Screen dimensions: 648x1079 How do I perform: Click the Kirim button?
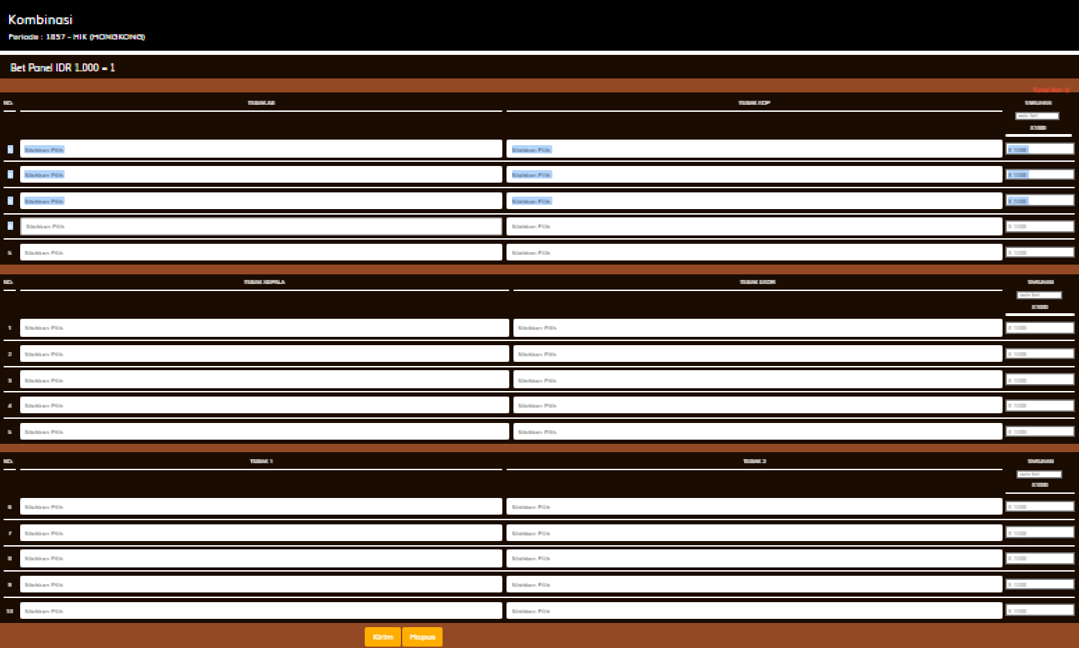click(382, 637)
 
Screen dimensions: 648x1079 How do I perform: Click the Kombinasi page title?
click(40, 20)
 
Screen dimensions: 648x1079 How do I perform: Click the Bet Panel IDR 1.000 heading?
click(63, 68)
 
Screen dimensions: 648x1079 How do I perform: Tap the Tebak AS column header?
click(261, 103)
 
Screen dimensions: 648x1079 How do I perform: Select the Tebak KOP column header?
click(754, 103)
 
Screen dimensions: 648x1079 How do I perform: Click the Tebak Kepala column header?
click(264, 282)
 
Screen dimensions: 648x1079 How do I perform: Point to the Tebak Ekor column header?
click(757, 282)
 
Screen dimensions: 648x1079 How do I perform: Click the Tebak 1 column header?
click(261, 461)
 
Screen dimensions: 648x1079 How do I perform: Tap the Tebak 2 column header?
click(755, 461)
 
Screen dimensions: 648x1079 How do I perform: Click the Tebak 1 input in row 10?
click(261, 611)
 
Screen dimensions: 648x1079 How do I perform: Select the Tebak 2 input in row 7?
click(754, 533)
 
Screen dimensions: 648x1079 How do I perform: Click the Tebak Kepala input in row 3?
click(264, 380)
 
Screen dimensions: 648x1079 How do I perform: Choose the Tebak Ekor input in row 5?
click(757, 431)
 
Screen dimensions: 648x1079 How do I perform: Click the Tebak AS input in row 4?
click(261, 226)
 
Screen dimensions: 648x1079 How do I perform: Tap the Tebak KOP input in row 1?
click(754, 149)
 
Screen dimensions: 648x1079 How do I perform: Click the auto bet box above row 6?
click(1039, 474)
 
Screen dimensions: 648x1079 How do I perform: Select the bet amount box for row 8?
click(1039, 558)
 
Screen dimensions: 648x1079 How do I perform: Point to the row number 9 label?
click(10, 585)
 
